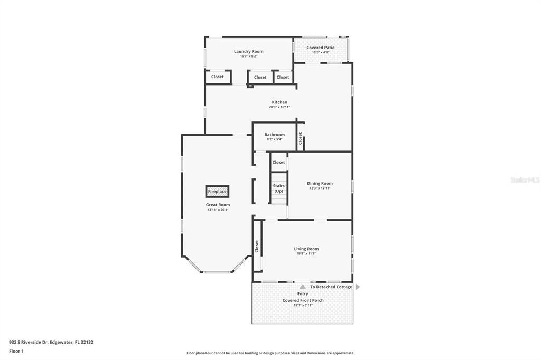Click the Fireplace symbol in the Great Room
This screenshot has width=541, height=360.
(x=217, y=191)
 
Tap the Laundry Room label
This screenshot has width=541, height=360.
(x=248, y=51)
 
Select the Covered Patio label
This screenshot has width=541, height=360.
(x=320, y=48)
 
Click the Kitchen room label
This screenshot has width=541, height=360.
(x=279, y=102)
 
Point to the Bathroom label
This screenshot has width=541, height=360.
(x=274, y=135)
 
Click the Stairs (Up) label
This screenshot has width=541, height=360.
(x=278, y=188)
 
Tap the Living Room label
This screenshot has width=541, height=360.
(x=306, y=249)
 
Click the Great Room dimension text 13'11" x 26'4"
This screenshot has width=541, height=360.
(x=218, y=210)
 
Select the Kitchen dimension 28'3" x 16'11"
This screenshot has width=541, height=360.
(x=279, y=107)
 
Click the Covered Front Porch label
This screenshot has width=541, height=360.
(x=303, y=300)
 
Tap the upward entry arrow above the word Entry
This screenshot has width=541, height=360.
(x=303, y=287)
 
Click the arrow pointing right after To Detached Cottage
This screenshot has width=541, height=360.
(x=358, y=287)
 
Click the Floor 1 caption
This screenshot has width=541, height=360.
(x=16, y=350)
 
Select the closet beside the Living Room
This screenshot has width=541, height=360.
(x=257, y=246)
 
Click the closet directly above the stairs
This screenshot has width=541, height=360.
(x=278, y=163)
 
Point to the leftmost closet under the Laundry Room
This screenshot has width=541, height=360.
(x=217, y=77)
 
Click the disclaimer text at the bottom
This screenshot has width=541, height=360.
(x=270, y=353)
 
